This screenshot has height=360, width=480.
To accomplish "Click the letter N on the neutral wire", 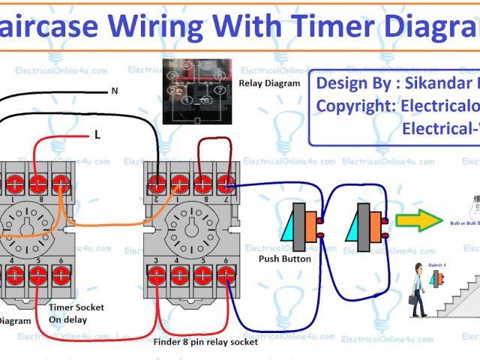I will [114, 91].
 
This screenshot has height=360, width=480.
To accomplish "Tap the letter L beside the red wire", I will [97, 135].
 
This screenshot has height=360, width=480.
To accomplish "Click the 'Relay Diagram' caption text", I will [268, 83].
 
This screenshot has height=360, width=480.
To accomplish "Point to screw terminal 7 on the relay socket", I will [225, 184].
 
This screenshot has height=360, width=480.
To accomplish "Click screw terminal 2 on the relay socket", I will [157, 184].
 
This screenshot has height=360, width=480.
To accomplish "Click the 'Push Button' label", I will [284, 259].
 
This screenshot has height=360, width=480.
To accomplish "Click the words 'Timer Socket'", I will [76, 307].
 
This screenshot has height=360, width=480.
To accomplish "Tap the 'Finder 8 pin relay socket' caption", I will [205, 342].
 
